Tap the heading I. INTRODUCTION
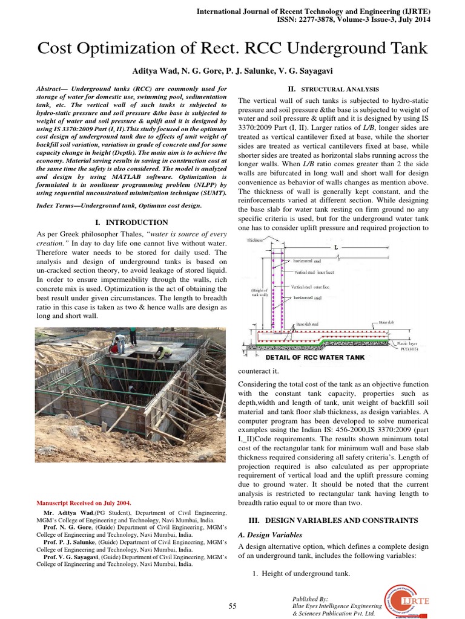132,222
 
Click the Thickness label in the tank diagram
257,241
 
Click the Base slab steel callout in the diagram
311,325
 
